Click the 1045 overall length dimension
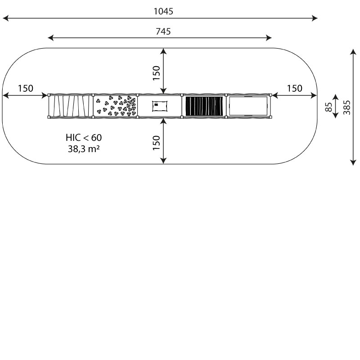point(163,11)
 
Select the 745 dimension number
point(163,31)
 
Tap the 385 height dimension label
point(346,108)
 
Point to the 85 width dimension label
point(329,107)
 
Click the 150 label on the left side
point(26,88)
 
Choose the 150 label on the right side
point(295,88)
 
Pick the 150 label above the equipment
point(156,73)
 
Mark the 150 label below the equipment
point(156,143)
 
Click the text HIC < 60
point(84,138)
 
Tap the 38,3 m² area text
point(84,149)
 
